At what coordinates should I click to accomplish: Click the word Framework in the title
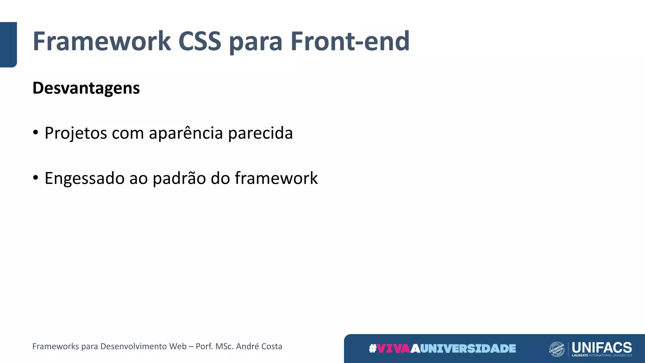coord(102,41)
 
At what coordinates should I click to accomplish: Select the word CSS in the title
coord(200,41)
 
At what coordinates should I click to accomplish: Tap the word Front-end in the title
coord(350,41)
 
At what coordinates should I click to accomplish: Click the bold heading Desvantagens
coord(86,88)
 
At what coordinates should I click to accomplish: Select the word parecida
coord(260,133)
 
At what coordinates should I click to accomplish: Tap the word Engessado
coord(85,178)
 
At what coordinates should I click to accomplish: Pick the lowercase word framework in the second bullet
coord(276,178)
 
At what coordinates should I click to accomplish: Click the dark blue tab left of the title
coord(8,44)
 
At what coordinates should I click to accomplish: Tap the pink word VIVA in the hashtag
coord(393,349)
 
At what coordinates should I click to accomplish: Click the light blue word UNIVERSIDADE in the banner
coord(468,349)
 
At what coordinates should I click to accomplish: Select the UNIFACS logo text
coord(602,347)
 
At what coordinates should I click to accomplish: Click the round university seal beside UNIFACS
coord(557,349)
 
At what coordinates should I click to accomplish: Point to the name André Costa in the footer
coord(259,346)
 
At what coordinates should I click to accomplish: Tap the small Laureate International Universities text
coord(602,355)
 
